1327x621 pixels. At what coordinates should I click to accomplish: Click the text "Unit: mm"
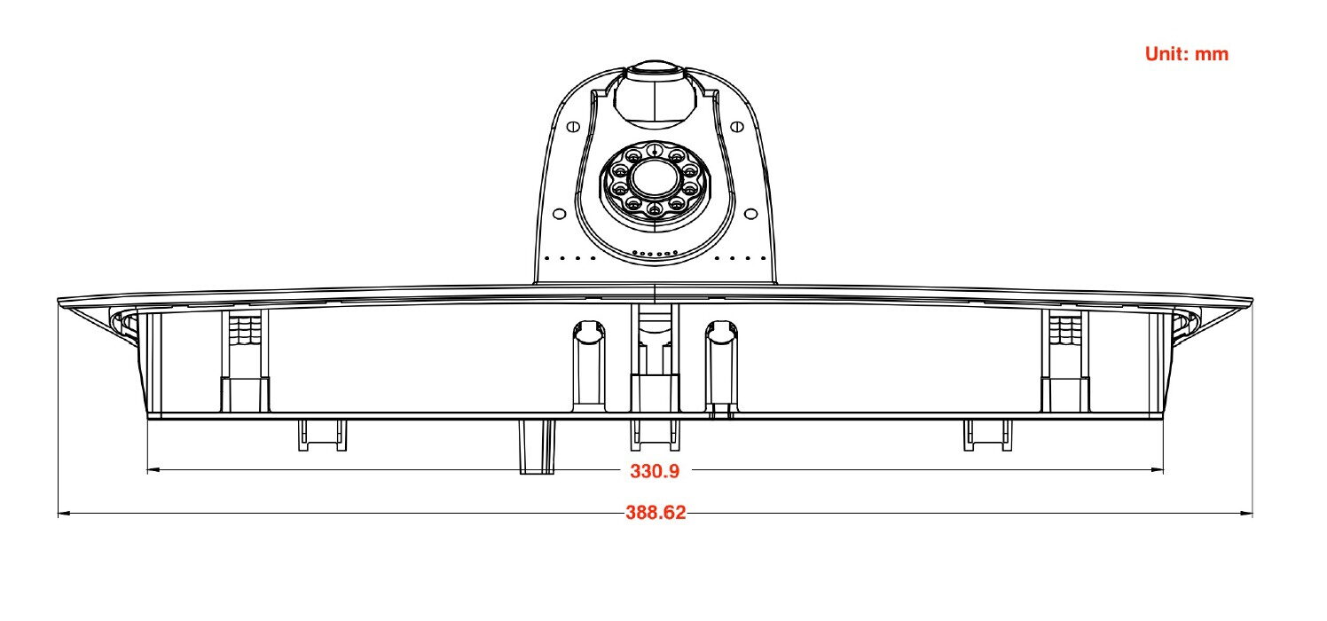pyautogui.click(x=1187, y=54)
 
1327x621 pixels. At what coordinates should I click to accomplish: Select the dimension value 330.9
pyautogui.click(x=655, y=471)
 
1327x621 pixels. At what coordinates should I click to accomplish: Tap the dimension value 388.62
pyautogui.click(x=656, y=512)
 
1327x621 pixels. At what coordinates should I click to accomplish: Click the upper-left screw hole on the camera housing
pyautogui.click(x=573, y=126)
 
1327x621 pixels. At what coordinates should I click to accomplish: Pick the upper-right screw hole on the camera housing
pyautogui.click(x=737, y=126)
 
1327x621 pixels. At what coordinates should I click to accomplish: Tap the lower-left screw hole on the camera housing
pyautogui.click(x=559, y=214)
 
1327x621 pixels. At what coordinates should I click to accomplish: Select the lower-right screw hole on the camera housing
pyautogui.click(x=750, y=214)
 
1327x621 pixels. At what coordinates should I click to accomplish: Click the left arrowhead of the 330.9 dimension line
pyautogui.click(x=153, y=470)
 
